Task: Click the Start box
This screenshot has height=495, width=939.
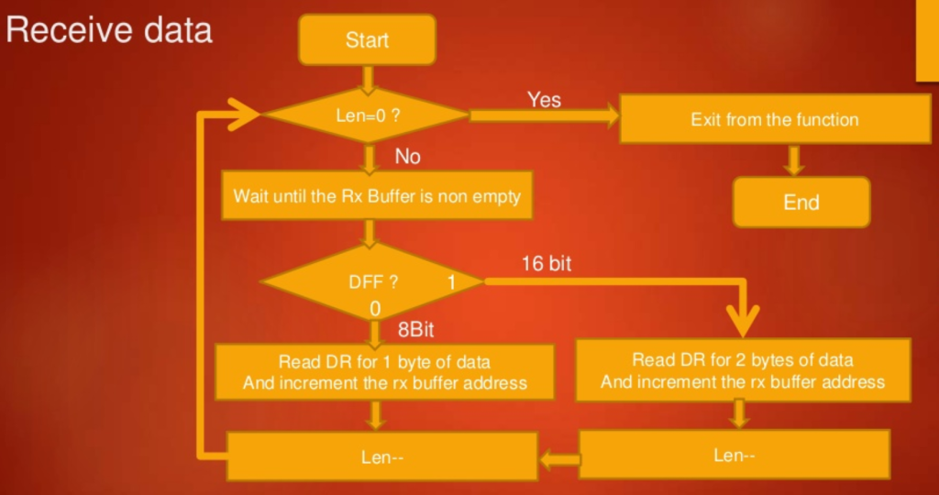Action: [367, 40]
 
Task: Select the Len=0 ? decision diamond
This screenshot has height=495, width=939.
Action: [366, 115]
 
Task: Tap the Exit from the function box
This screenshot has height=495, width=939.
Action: [774, 120]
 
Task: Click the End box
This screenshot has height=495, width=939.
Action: [801, 203]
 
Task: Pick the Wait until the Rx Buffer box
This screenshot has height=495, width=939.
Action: [377, 196]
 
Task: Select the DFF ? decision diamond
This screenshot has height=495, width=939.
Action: [371, 281]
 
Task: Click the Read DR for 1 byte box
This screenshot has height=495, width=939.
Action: [385, 371]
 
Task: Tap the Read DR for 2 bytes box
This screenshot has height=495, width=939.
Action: [743, 370]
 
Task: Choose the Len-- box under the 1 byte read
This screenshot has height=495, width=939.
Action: [381, 456]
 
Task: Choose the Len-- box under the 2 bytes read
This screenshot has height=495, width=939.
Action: [735, 455]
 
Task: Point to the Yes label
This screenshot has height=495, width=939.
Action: [544, 99]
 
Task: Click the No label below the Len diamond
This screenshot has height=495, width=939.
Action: [407, 157]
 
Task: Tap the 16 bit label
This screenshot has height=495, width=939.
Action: [547, 264]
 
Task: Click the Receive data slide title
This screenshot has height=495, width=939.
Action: [109, 30]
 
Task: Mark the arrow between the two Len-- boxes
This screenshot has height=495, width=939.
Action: [558, 456]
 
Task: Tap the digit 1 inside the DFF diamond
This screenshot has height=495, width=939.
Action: [450, 282]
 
